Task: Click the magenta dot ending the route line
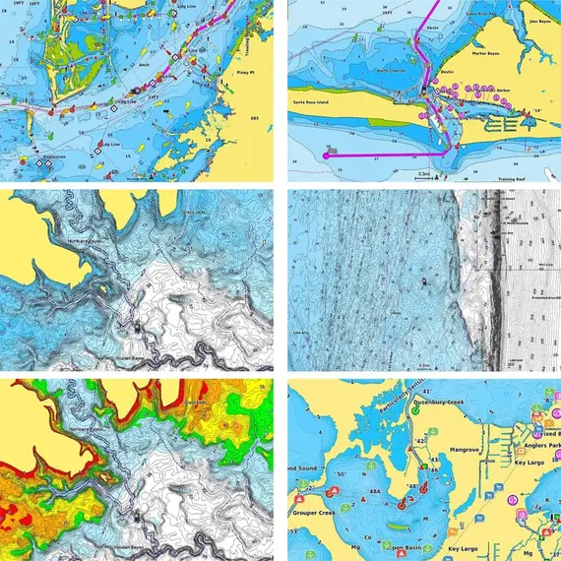327,154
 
